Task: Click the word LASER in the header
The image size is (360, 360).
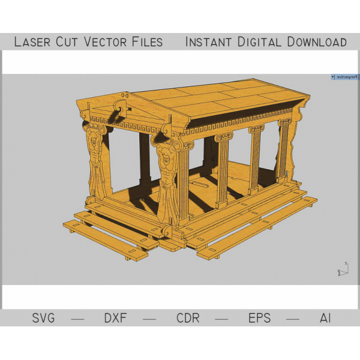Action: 32,42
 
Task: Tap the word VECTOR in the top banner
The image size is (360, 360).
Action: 106,42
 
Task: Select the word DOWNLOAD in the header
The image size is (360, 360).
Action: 317,42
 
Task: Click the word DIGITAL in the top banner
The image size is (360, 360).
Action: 259,42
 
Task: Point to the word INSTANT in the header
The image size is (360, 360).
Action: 208,42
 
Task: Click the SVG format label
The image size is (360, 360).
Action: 43,318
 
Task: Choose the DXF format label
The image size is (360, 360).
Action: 115,318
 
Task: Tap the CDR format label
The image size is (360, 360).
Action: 188,318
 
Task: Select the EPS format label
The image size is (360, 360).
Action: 260,318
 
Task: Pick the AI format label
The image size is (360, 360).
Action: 325,318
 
